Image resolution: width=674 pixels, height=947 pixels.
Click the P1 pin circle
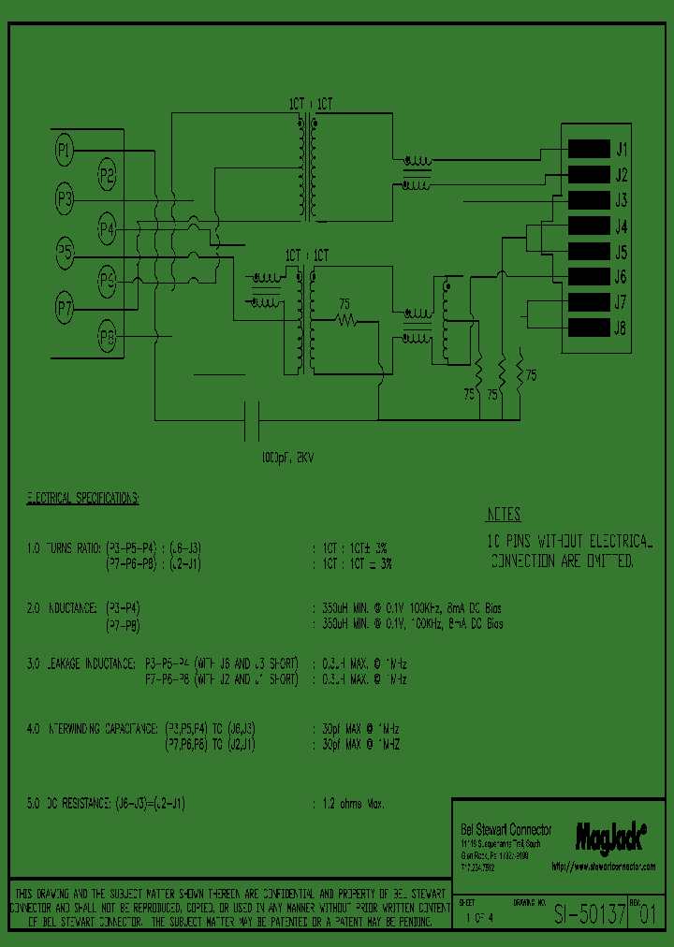pos(64,148)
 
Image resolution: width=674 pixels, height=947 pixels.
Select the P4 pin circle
pos(107,227)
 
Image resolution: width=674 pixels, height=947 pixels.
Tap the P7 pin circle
pos(64,305)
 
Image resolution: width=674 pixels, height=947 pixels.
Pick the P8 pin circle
pos(107,336)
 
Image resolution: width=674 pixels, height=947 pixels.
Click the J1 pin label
pos(622,149)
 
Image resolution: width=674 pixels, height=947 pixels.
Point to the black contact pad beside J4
pos(588,226)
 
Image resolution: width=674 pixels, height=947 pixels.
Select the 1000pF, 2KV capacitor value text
pos(286,459)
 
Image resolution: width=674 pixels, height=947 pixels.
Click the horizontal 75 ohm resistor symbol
pos(346,321)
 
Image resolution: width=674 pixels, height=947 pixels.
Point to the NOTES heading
pos(504,515)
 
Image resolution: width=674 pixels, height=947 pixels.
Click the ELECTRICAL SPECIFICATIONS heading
pos(82,498)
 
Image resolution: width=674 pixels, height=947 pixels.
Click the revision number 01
pos(648,916)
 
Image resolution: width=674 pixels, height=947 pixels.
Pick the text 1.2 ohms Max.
pos(347,804)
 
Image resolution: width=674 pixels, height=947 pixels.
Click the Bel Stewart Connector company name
pos(505,829)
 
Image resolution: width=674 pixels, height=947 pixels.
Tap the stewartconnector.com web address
pos(603,867)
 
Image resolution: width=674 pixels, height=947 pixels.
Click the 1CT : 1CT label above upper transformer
pos(310,104)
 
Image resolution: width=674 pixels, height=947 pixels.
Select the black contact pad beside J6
pos(588,276)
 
